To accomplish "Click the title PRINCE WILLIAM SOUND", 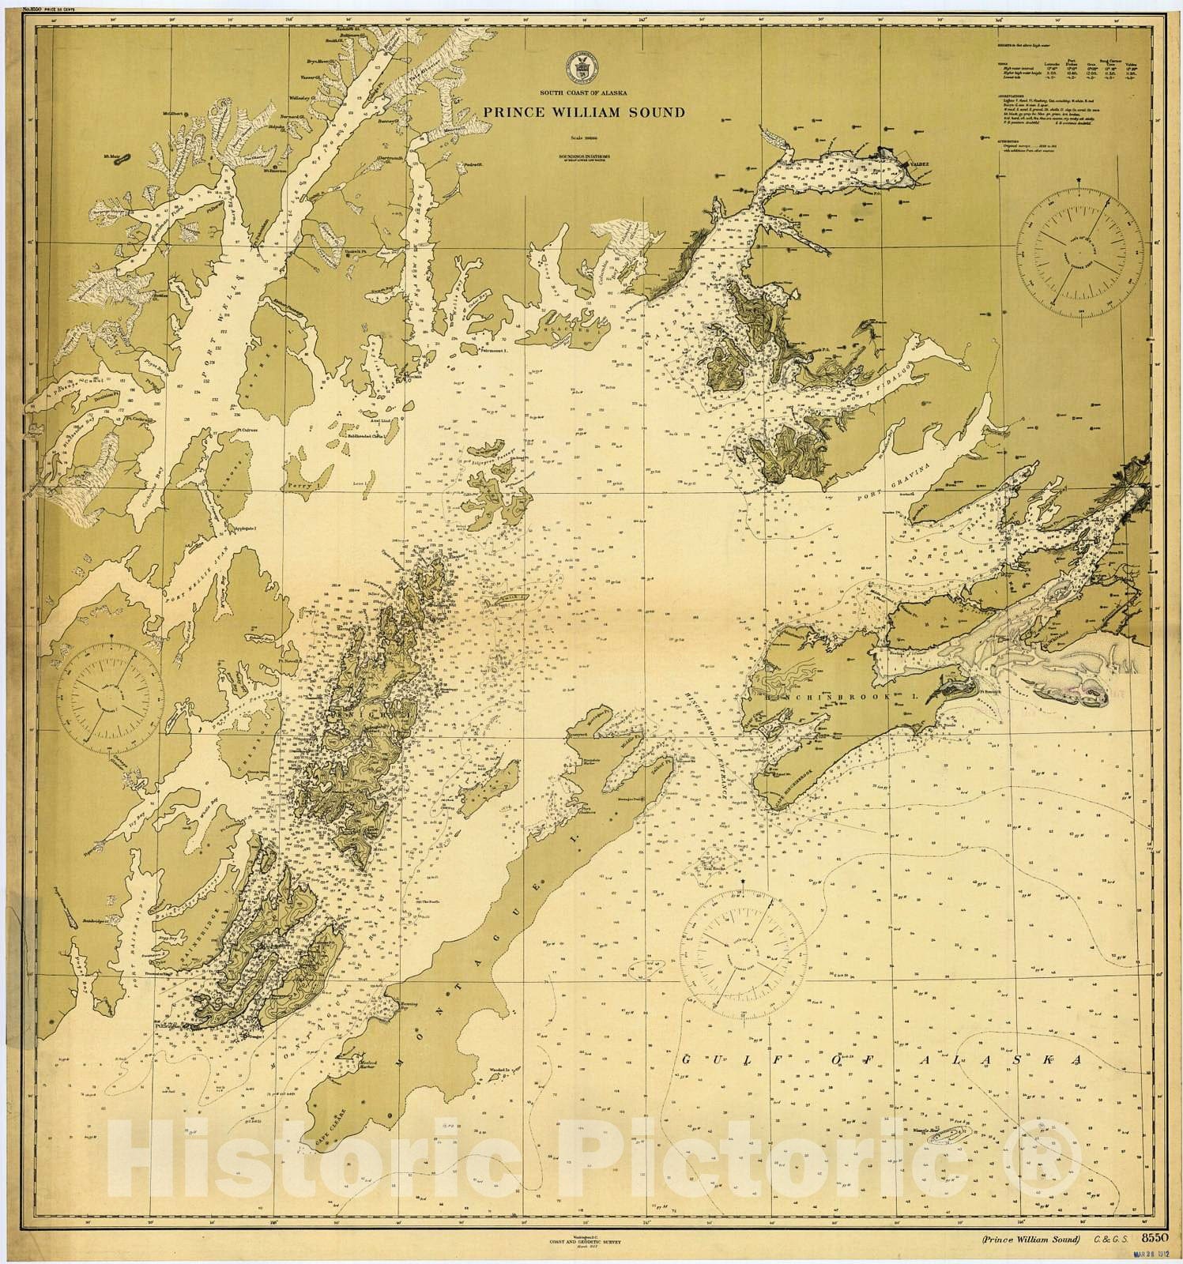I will point(584,112).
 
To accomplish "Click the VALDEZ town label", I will point(918,164).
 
